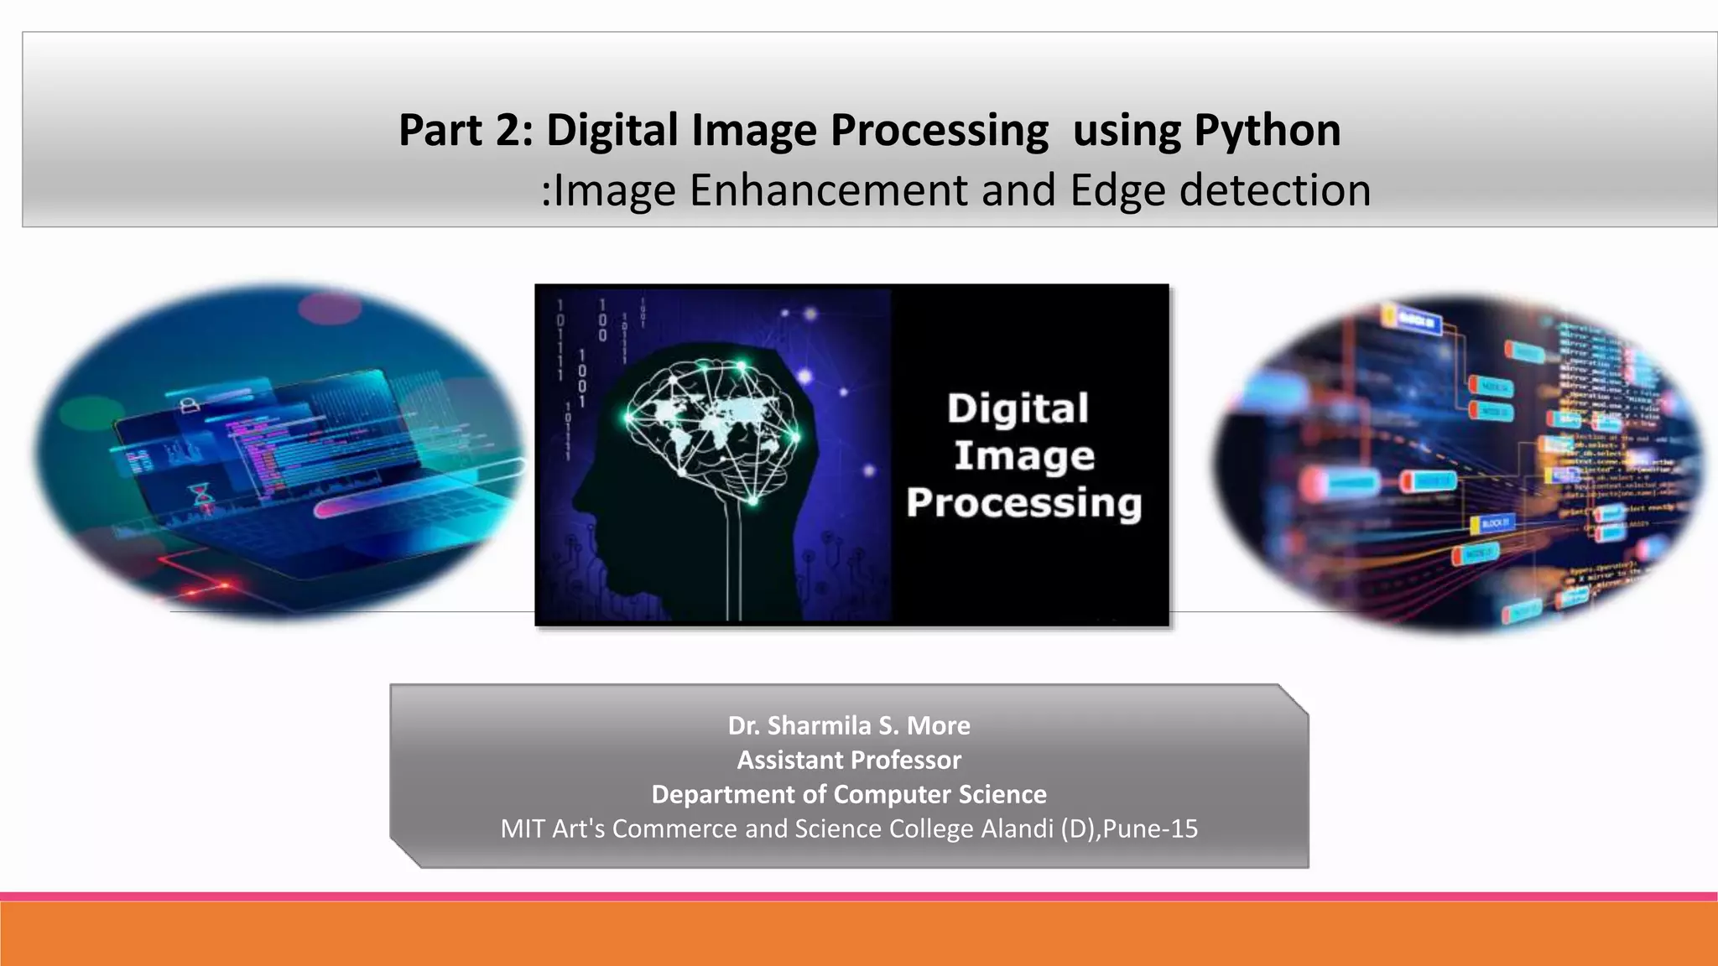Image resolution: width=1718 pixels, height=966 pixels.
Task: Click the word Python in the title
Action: [x=1267, y=131]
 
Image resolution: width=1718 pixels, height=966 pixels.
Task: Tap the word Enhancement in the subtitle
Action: [x=828, y=190]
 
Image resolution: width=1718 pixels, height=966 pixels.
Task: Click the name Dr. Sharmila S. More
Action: [x=849, y=725]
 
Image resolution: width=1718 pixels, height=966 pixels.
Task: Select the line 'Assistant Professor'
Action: [x=849, y=760]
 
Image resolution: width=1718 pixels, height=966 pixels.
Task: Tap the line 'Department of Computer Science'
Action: [x=849, y=794]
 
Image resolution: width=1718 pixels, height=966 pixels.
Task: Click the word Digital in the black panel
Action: [x=1018, y=409]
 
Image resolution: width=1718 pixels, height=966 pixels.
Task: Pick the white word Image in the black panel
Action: [x=1023, y=456]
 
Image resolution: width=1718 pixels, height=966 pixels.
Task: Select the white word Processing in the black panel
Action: [x=1023, y=503]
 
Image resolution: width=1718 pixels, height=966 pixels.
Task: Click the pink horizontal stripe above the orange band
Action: [x=859, y=896]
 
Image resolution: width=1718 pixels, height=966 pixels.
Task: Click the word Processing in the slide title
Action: [x=940, y=131]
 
